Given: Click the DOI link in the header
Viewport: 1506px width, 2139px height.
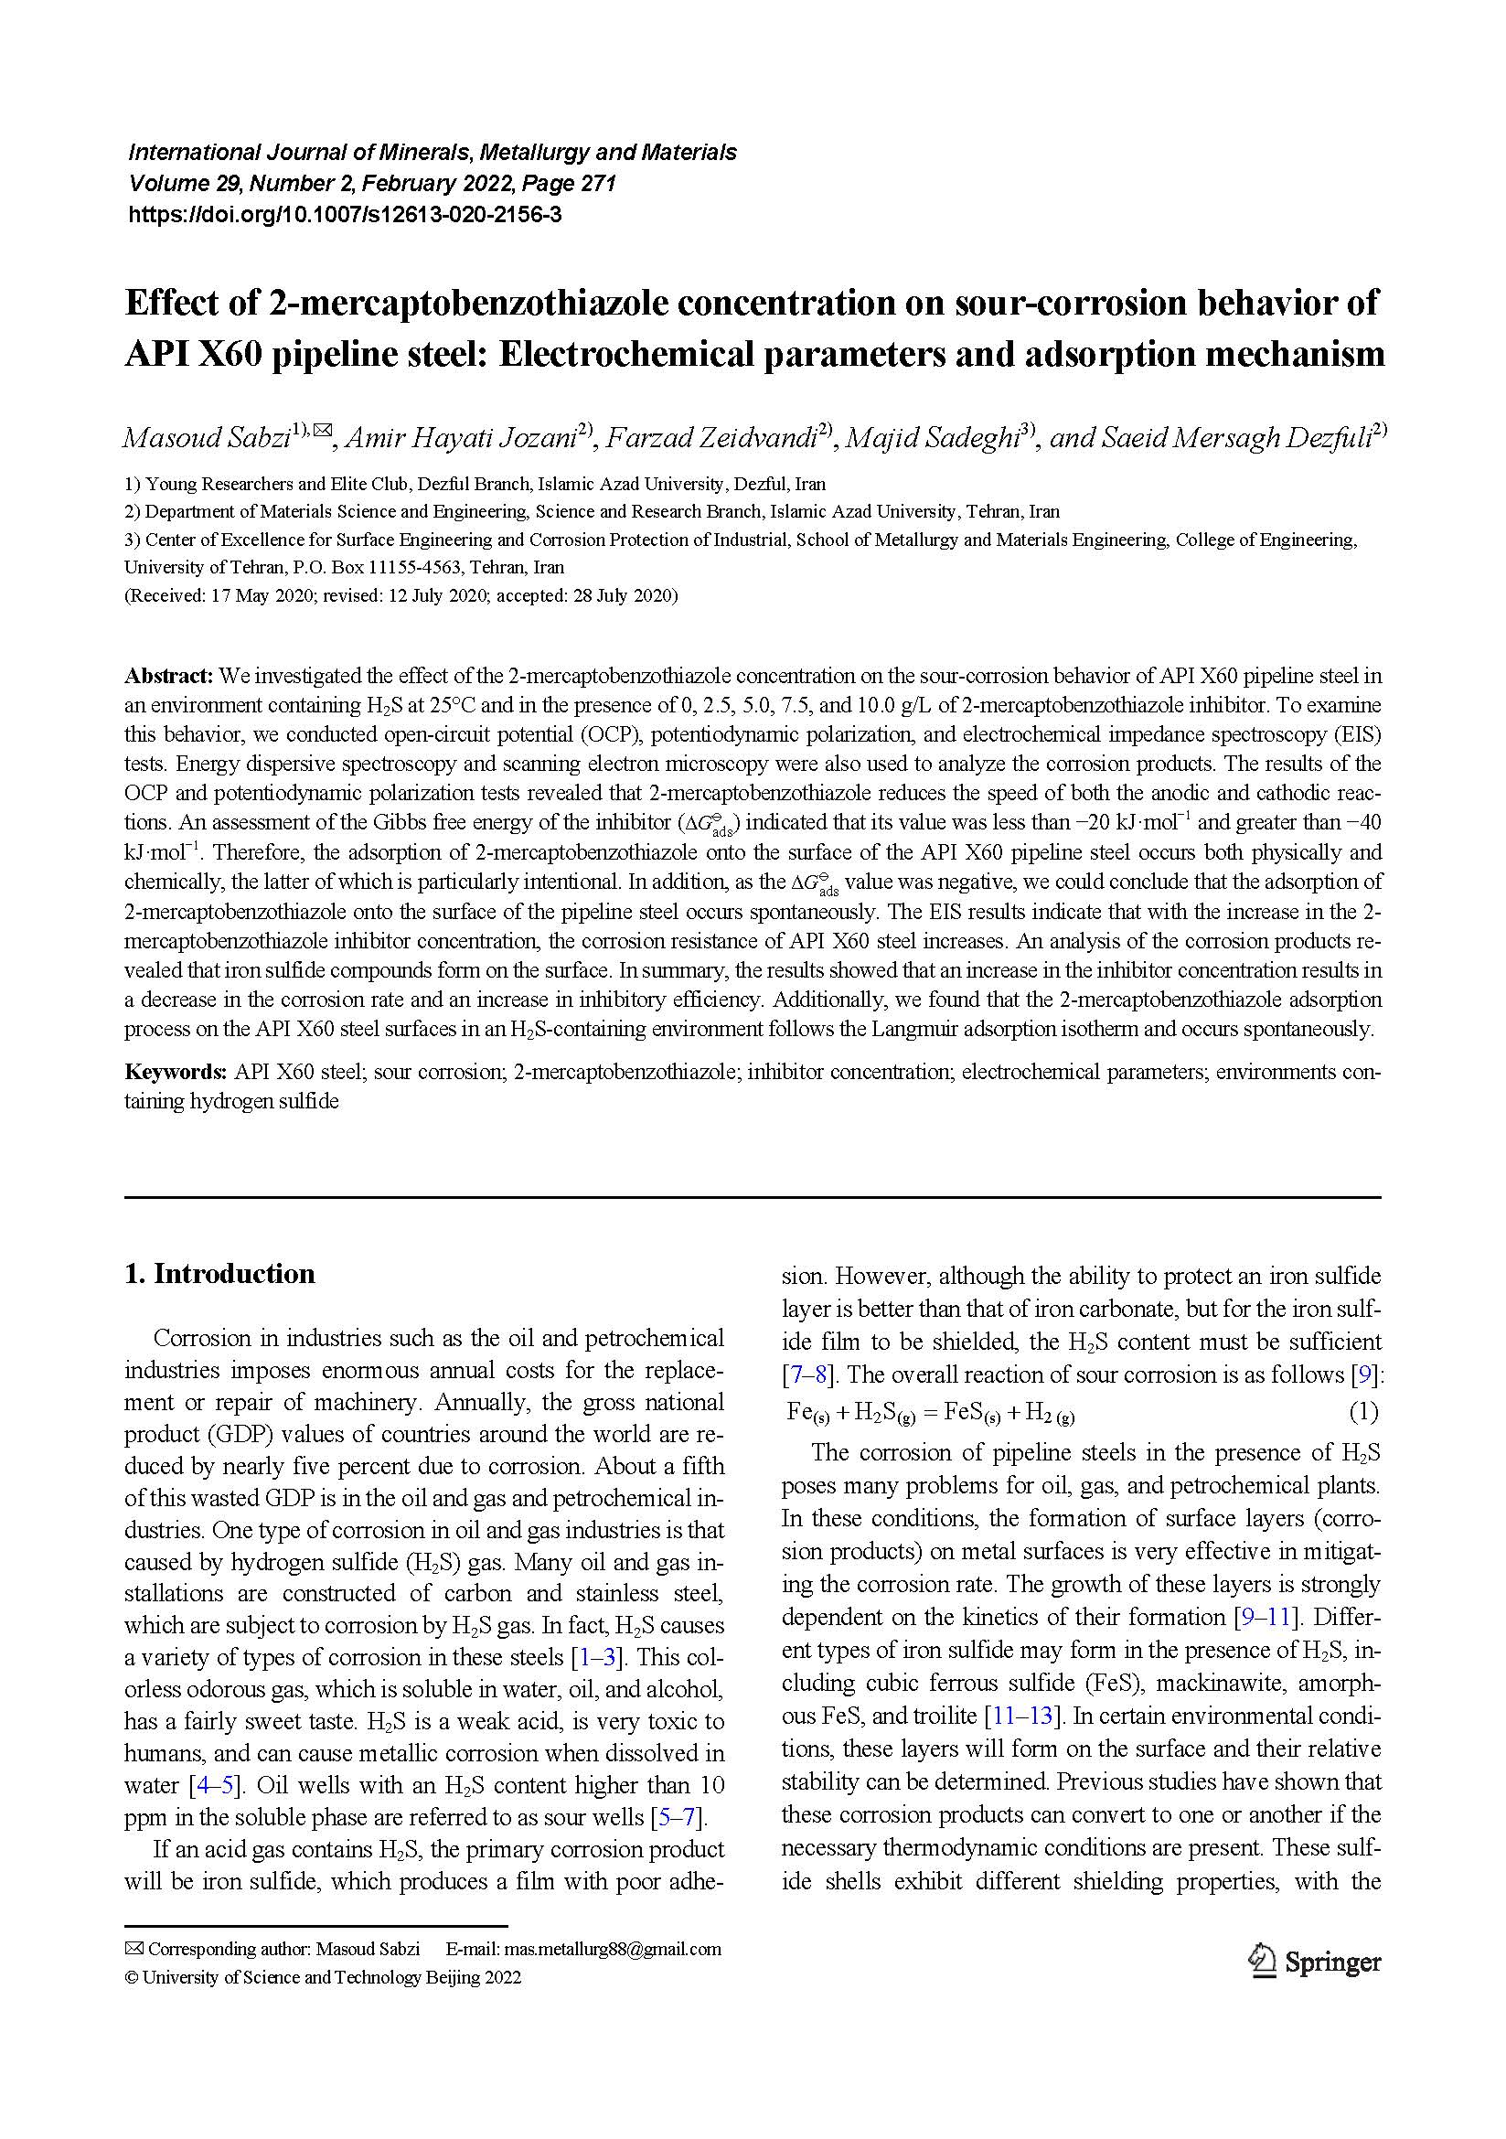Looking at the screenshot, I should [x=345, y=215].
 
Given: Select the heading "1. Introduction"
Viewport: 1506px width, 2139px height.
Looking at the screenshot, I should [x=219, y=1274].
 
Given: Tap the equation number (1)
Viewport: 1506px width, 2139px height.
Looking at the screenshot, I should [x=1363, y=1412].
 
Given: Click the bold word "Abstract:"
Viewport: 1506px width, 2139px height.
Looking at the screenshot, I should [x=169, y=676].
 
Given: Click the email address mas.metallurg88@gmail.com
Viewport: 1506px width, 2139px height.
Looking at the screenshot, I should [x=612, y=1949].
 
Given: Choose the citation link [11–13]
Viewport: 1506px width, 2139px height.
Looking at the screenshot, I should [x=1023, y=1715].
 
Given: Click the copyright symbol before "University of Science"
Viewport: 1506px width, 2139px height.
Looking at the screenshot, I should [x=132, y=1977].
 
